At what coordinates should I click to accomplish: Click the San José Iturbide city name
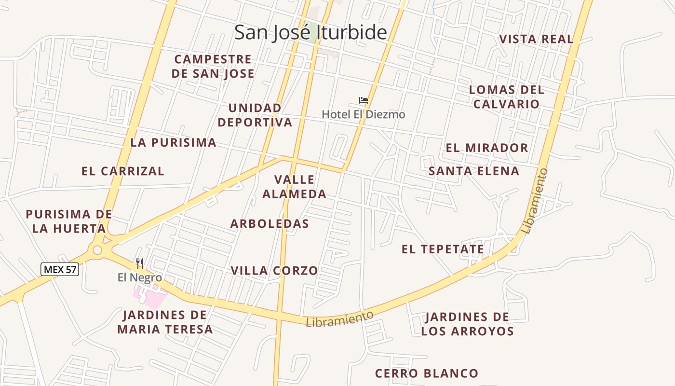click(x=310, y=32)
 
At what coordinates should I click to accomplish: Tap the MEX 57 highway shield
click(x=60, y=269)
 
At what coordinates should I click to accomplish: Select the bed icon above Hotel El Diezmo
click(x=364, y=101)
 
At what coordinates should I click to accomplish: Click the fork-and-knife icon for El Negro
click(x=140, y=263)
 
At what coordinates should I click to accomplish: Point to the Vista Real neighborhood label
click(x=536, y=39)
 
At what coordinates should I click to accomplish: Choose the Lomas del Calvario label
click(x=506, y=96)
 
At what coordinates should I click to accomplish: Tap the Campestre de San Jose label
click(x=213, y=66)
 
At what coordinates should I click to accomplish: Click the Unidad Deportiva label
click(x=255, y=115)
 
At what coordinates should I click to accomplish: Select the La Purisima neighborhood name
click(x=173, y=142)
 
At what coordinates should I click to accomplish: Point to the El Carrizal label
click(x=122, y=171)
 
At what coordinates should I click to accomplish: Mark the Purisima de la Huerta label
click(x=69, y=221)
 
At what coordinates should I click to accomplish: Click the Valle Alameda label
click(x=294, y=187)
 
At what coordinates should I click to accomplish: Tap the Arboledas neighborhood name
click(x=270, y=224)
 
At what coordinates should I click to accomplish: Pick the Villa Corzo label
click(x=274, y=271)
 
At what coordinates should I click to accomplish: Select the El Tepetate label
click(x=443, y=249)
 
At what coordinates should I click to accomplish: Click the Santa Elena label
click(x=474, y=171)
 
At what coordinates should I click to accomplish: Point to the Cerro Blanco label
click(x=426, y=373)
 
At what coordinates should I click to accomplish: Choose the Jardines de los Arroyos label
click(x=467, y=324)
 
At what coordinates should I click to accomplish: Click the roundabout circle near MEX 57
click(x=98, y=250)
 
